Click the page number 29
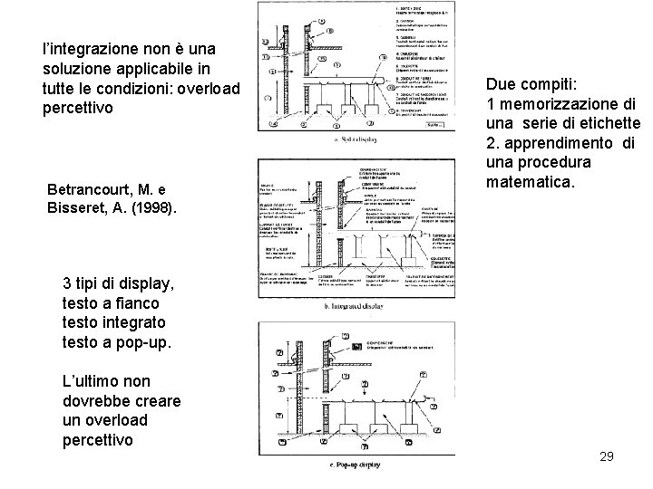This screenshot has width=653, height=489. coord(607,456)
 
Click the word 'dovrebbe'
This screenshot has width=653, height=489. coord(94,401)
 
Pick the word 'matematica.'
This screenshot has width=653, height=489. coord(531,183)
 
